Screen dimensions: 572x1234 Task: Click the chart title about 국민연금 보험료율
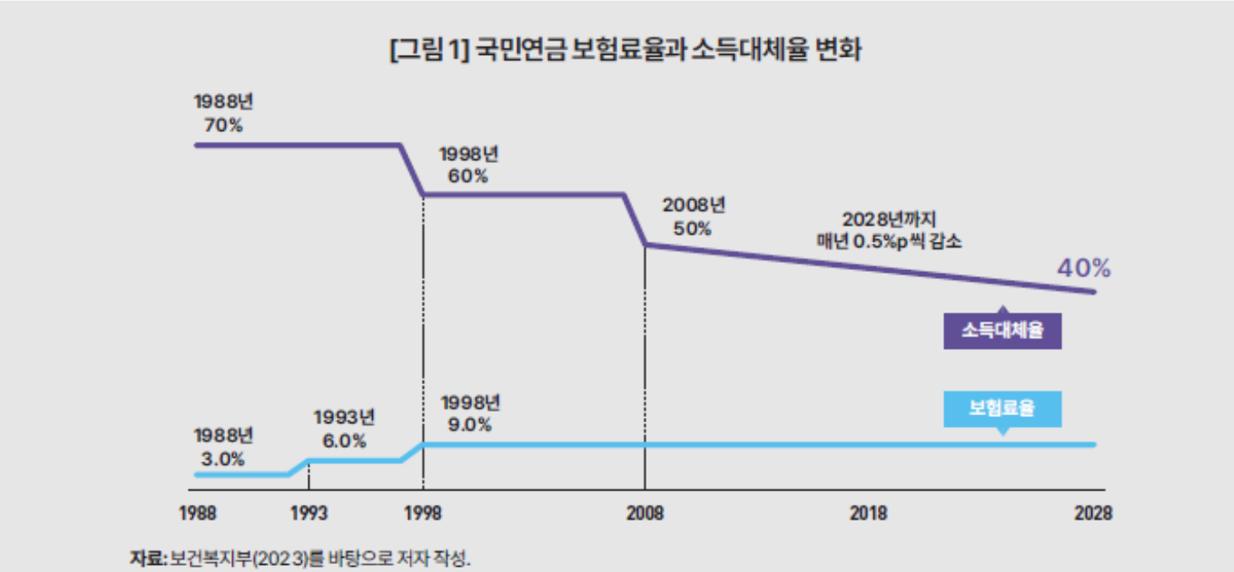tap(625, 50)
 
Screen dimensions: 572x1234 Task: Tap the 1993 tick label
tap(308, 514)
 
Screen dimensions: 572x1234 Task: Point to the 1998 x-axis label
tap(423, 514)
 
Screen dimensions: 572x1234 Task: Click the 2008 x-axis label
tap(645, 514)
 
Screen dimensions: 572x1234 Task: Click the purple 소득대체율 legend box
tap(1002, 331)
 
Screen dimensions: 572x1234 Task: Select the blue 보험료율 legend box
tap(1002, 410)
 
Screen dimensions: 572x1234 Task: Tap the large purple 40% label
tap(1083, 268)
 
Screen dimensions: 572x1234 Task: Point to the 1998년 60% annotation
tap(469, 165)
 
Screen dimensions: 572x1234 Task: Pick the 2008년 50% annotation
tap(693, 217)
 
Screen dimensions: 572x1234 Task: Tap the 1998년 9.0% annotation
tap(470, 414)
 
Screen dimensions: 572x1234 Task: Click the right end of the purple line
tap(1095, 292)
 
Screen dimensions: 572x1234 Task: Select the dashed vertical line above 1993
tap(308, 475)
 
